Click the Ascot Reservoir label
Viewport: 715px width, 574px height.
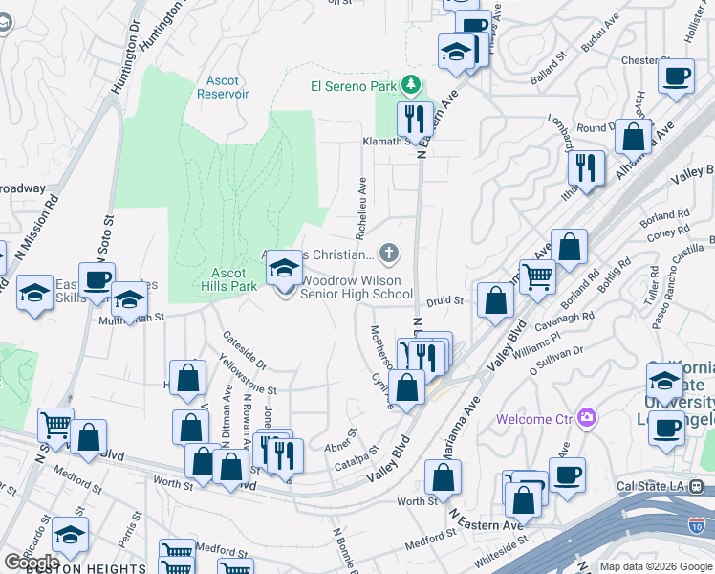[x=223, y=87]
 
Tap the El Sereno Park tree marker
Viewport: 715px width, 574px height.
[x=411, y=85]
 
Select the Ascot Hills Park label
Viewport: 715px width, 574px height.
[x=229, y=278]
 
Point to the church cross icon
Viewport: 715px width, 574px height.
[x=388, y=254]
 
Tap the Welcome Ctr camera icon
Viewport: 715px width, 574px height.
[x=587, y=418]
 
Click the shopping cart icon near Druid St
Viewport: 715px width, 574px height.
[x=537, y=276]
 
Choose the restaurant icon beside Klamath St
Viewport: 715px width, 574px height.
[x=415, y=119]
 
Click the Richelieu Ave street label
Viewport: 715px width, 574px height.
[x=361, y=205]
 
